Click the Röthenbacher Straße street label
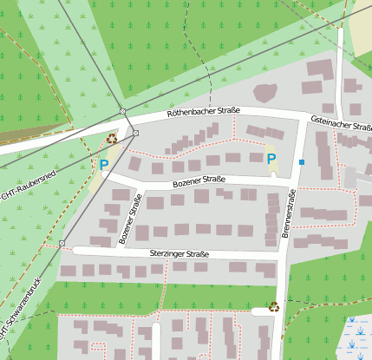coord(204,111)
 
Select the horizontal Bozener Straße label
coord(199,180)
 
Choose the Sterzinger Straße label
coord(179,253)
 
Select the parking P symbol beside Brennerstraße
coord(271,159)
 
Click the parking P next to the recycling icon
coord(104,163)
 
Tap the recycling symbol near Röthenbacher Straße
coord(112,137)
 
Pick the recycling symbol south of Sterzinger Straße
coord(274,305)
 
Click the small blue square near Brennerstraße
coord(302,162)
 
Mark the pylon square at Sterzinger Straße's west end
coord(62,244)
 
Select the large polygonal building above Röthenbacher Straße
coord(264,91)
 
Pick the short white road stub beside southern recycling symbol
coord(259,311)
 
